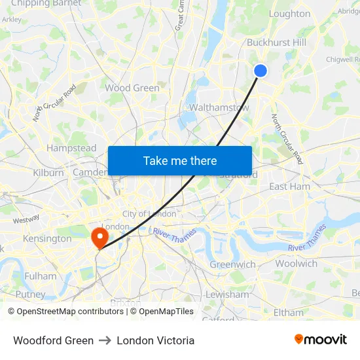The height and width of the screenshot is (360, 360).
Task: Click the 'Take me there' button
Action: (180, 160)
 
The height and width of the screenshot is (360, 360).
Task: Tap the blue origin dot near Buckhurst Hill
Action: (261, 71)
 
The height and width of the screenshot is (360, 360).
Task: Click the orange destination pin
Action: (99, 237)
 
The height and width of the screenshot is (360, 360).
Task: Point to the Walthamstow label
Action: (219, 107)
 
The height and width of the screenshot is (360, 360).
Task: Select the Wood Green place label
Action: (132, 88)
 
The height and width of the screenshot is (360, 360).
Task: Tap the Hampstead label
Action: (71, 148)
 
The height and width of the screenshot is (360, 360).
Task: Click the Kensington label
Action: (47, 238)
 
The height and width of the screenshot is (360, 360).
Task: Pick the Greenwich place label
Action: (232, 264)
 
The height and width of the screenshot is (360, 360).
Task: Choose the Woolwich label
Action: (296, 263)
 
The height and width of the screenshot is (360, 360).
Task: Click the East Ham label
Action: (290, 187)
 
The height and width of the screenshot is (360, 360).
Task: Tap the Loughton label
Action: (290, 14)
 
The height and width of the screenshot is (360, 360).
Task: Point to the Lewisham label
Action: (227, 295)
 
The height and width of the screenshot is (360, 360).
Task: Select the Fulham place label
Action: (41, 276)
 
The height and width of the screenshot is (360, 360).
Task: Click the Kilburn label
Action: (48, 173)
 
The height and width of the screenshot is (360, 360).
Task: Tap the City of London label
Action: (149, 214)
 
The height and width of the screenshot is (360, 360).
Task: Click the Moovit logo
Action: (320, 340)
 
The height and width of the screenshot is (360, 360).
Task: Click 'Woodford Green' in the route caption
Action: (53, 340)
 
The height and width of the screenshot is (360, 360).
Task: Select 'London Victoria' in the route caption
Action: (156, 340)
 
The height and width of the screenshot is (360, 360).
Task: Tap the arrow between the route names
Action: (105, 340)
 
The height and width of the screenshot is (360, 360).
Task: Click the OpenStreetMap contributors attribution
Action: (65, 312)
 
